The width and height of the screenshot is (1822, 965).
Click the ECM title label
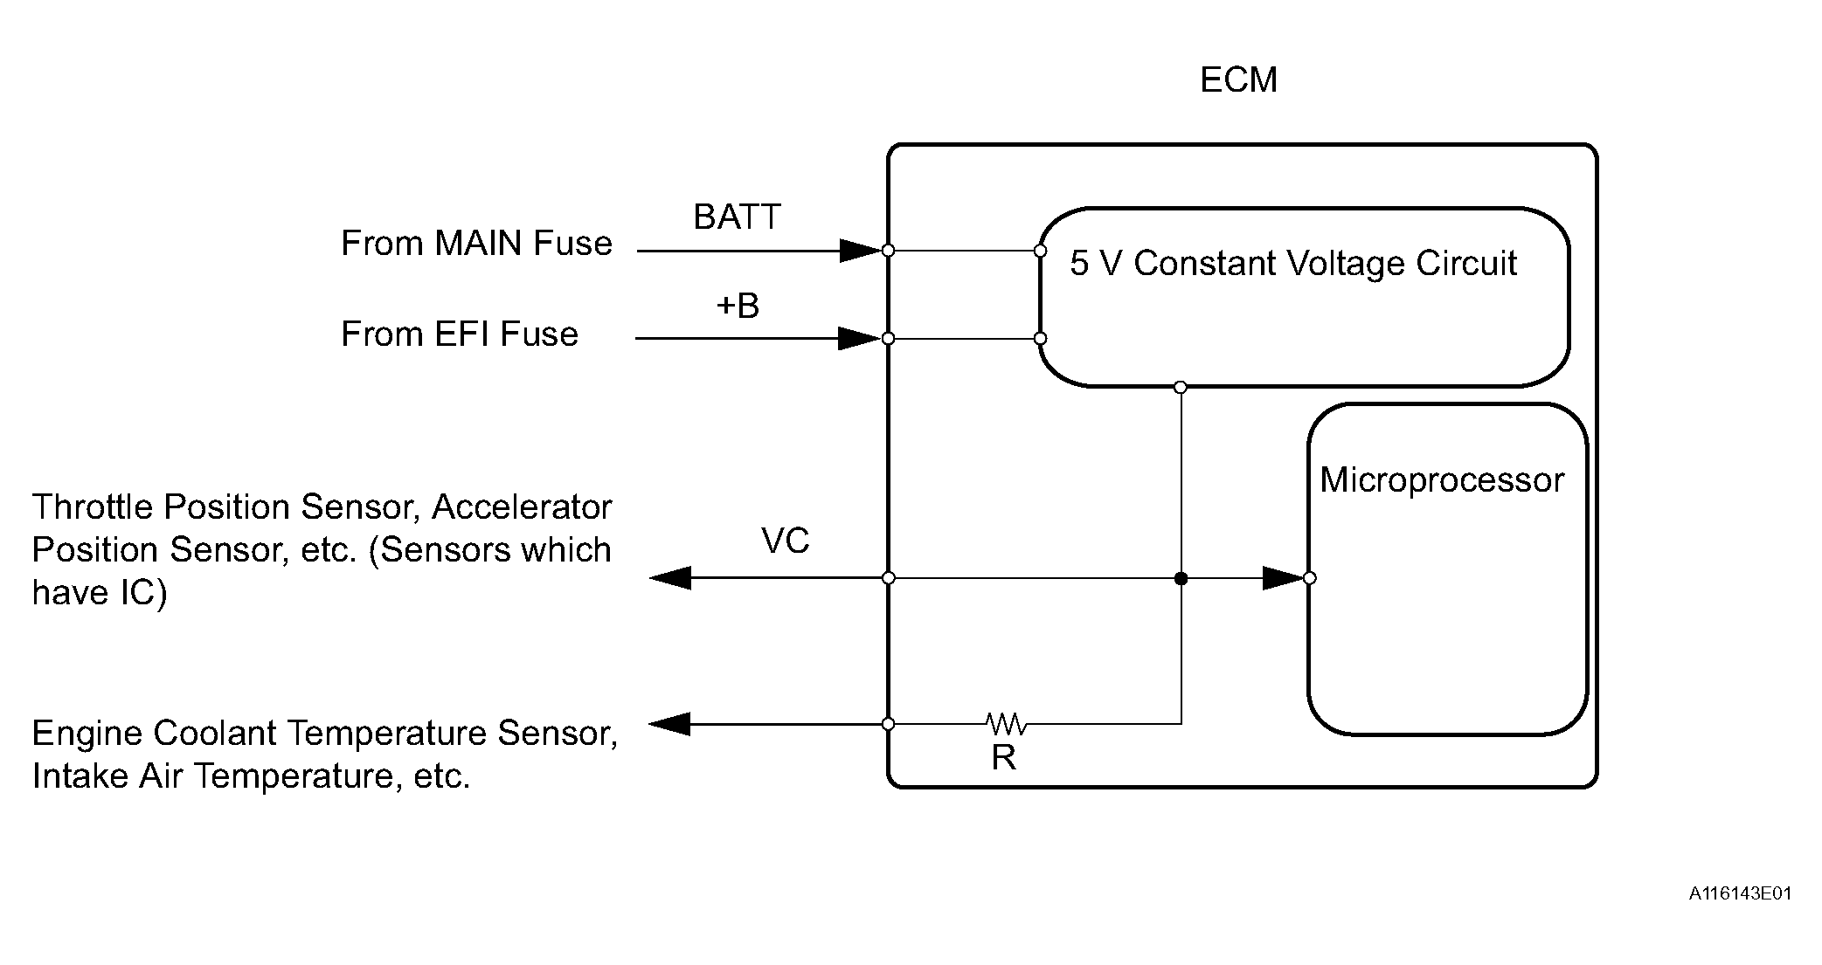pos(1238,80)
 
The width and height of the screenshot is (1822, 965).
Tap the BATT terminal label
pos(737,217)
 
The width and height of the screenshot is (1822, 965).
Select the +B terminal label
pos(738,306)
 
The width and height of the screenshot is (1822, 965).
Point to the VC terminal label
pos(785,541)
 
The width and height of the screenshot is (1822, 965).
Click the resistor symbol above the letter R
pos(1006,723)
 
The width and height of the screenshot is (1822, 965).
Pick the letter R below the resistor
pos(1003,758)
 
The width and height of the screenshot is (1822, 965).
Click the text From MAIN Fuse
pos(476,243)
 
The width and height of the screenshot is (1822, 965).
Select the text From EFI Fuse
pos(460,334)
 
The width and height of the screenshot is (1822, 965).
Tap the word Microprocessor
pos(1442,480)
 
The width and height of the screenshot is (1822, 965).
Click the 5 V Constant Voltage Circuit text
pos(1293,263)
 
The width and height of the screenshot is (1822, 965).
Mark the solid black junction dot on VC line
pos(1181,578)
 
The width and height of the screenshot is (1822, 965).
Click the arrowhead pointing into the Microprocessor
pos(1282,578)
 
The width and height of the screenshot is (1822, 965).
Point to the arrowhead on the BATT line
pos(859,251)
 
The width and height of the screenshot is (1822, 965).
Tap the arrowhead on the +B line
pos(858,338)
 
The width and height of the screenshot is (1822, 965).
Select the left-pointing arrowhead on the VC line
pos(671,578)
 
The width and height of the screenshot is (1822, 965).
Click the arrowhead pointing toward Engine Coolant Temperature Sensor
pos(670,724)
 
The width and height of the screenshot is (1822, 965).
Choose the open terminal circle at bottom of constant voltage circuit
pos(1181,387)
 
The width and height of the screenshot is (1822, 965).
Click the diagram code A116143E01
pos(1740,893)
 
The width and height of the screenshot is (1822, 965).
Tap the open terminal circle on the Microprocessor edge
pos(1309,578)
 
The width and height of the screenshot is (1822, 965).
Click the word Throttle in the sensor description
pos(93,507)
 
